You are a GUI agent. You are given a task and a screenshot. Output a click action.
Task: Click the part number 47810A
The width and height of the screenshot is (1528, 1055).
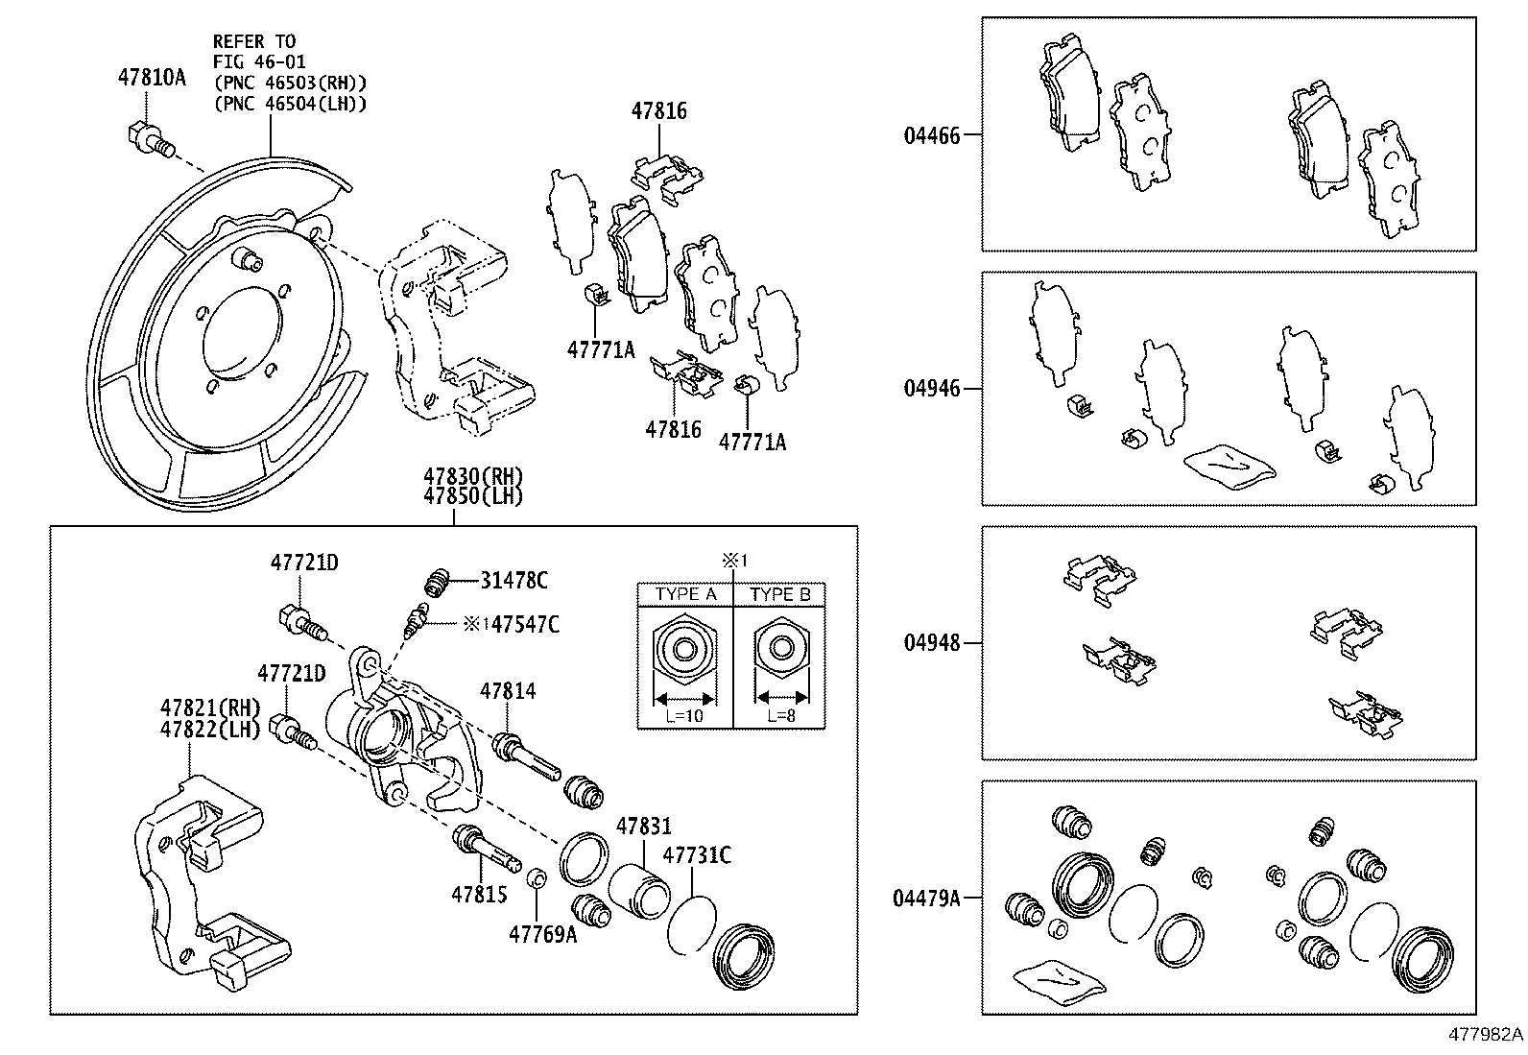tap(152, 78)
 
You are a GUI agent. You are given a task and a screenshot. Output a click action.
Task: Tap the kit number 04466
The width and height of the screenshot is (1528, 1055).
tap(930, 136)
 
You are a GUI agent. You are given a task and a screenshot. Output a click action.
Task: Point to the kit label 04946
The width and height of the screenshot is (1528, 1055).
tap(930, 390)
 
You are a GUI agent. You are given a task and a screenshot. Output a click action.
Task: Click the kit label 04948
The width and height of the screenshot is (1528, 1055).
tap(930, 643)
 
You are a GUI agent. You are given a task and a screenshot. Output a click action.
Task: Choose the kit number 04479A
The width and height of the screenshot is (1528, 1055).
tap(925, 899)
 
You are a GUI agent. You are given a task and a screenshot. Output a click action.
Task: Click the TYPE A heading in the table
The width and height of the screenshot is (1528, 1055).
tap(685, 594)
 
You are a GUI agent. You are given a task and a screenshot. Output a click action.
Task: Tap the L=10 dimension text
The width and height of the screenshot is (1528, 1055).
tap(685, 715)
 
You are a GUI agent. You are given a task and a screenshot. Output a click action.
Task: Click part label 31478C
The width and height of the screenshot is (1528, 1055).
tap(514, 580)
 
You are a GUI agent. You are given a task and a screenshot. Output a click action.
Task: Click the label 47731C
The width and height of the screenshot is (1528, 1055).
tap(698, 854)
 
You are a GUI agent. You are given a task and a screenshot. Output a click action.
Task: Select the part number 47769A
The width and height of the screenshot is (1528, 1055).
tap(542, 932)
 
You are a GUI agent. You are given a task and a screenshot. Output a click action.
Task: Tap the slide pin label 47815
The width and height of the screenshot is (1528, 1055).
tap(479, 894)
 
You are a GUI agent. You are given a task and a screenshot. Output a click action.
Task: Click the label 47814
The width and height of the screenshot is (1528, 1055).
tap(508, 690)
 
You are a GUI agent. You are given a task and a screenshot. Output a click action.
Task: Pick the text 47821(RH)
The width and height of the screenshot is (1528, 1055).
tap(210, 708)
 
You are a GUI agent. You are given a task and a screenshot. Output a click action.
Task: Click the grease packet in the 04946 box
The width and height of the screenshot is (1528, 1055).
tap(1230, 465)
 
